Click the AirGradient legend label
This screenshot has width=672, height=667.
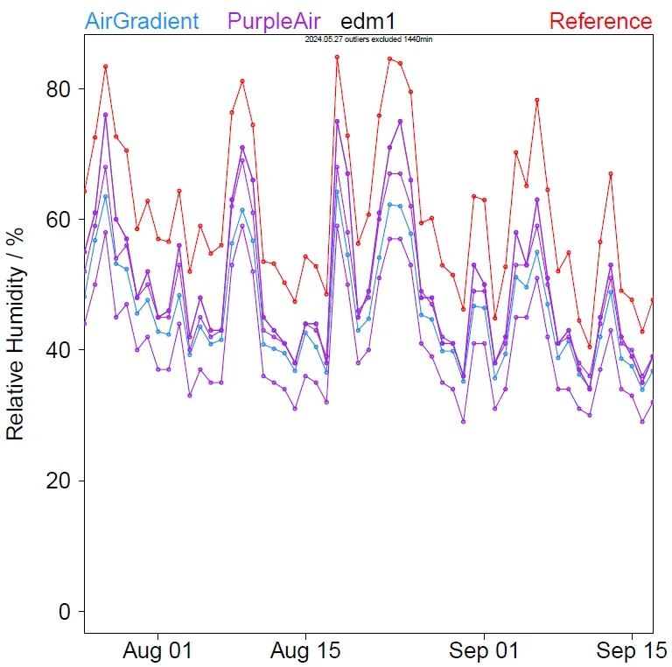point(143,21)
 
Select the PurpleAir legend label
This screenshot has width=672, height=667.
point(274,21)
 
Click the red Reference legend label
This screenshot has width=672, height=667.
point(600,21)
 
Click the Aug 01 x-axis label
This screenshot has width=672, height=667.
point(158,652)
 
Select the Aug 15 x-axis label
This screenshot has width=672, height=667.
point(305,652)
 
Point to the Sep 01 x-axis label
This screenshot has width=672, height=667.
point(484,652)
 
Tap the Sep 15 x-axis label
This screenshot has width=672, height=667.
point(631,652)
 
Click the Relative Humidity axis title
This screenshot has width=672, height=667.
point(15,341)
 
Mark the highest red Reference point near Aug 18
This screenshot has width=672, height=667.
point(337,57)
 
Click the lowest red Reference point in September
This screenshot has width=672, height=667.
point(590,347)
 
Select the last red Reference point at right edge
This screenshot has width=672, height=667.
point(653,300)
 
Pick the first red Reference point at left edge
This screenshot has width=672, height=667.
point(85,191)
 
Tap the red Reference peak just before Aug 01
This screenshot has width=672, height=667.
point(105,67)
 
